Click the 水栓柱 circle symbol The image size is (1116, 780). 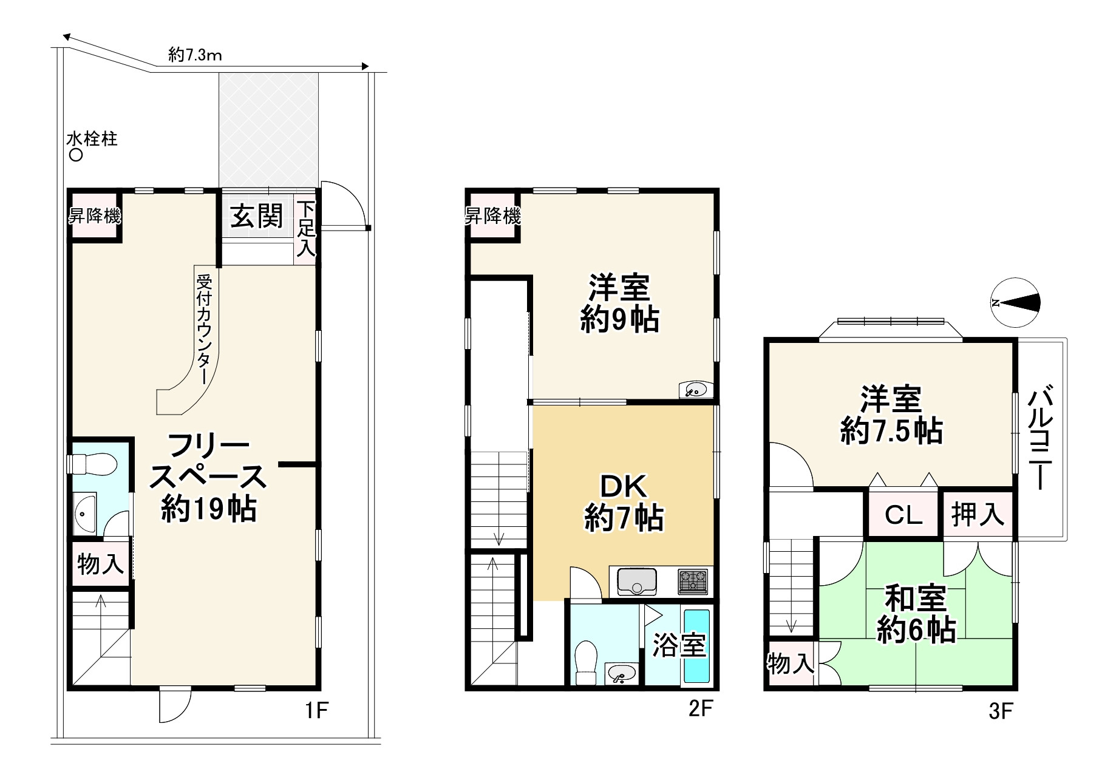[76, 156]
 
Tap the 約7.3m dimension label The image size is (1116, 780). [195, 56]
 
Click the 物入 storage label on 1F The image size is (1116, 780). [100, 565]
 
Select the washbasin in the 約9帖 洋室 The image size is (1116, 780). [695, 389]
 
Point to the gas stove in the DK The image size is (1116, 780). [693, 581]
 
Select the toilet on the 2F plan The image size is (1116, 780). [585, 663]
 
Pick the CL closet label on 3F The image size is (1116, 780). [903, 515]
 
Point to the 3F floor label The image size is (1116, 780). [1001, 711]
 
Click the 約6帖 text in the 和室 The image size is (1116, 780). [916, 631]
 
